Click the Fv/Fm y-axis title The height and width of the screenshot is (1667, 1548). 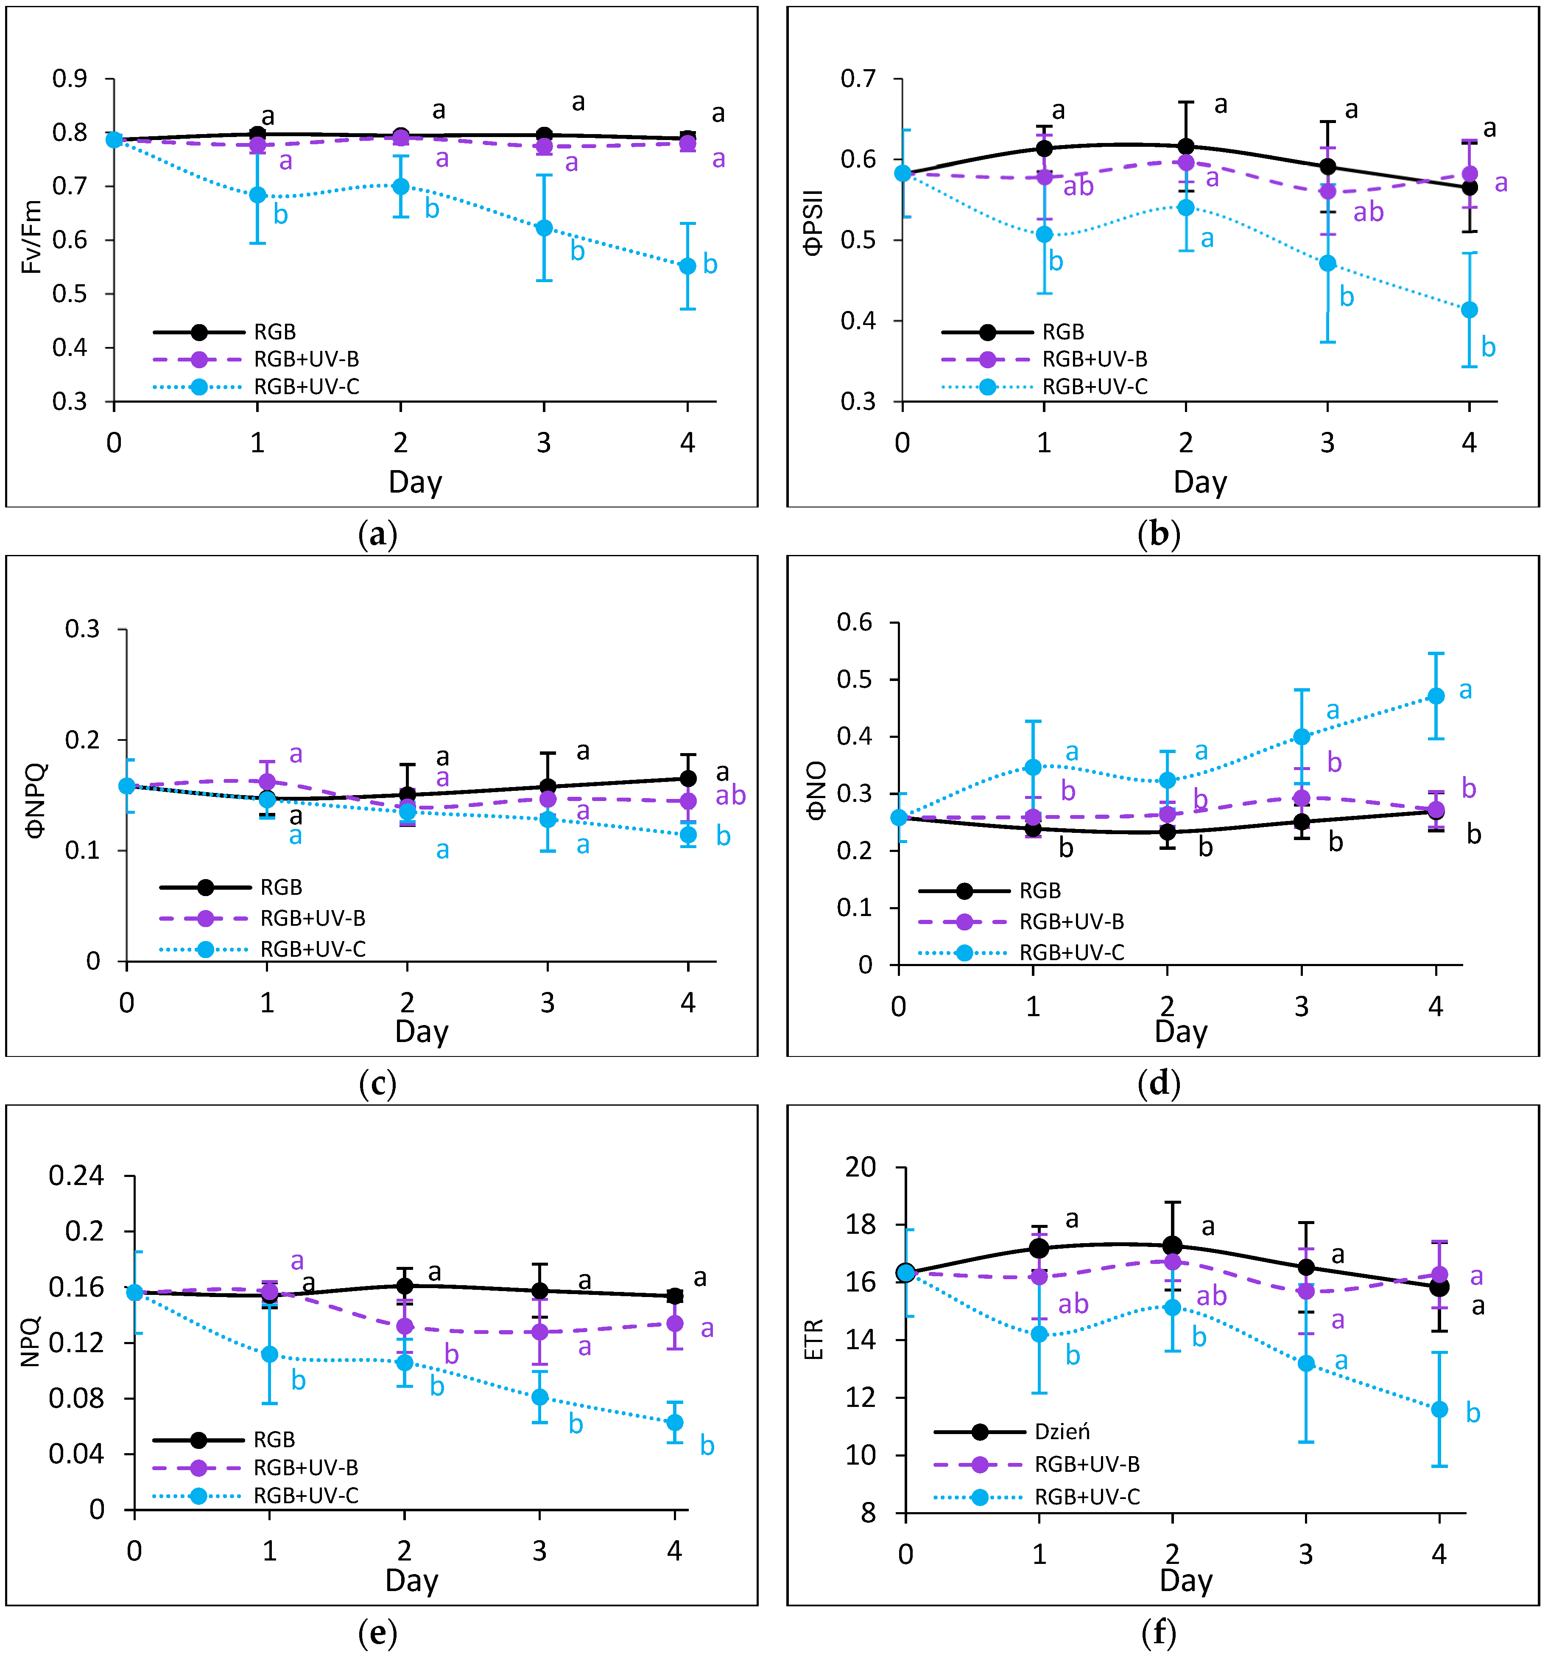[31, 237]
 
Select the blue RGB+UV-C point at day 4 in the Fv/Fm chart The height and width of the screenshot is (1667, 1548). [688, 266]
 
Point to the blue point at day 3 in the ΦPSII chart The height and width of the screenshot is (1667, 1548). [1328, 263]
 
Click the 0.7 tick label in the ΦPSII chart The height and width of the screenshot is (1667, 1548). [858, 79]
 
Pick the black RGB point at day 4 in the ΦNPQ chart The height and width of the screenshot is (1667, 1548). [688, 779]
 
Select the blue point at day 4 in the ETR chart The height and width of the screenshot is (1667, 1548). [1439, 1410]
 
